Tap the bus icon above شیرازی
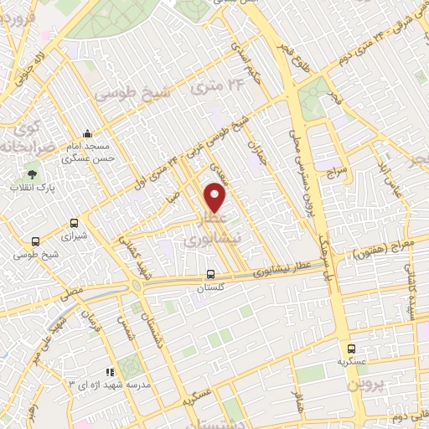pyautogui.click(x=75, y=224)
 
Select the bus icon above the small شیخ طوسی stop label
pyautogui.click(x=35, y=241)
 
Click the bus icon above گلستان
pyautogui.click(x=210, y=274)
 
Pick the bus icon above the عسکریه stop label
pyautogui.click(x=352, y=349)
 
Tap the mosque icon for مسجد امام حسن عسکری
pyautogui.click(x=87, y=134)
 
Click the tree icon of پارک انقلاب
pyautogui.click(x=32, y=174)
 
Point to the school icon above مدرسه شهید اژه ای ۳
pyautogui.click(x=108, y=371)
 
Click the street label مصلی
pyautogui.click(x=70, y=294)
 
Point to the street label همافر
pyautogui.click(x=295, y=401)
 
